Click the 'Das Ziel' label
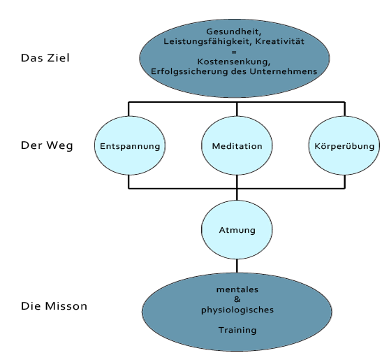(45, 58)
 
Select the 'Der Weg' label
(47, 145)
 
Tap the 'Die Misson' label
(54, 306)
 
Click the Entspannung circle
(130, 145)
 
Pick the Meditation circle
(237, 145)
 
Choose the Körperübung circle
(344, 145)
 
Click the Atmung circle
(237, 230)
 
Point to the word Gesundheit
(233, 31)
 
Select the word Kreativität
(280, 41)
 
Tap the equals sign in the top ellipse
(234, 52)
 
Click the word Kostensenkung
(233, 62)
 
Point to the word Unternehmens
(284, 71)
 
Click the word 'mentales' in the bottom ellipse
(237, 289)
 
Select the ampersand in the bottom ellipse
(237, 299)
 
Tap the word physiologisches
(237, 310)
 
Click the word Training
(237, 330)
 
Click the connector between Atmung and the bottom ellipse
(237, 266)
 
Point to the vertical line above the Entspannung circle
(129, 109)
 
